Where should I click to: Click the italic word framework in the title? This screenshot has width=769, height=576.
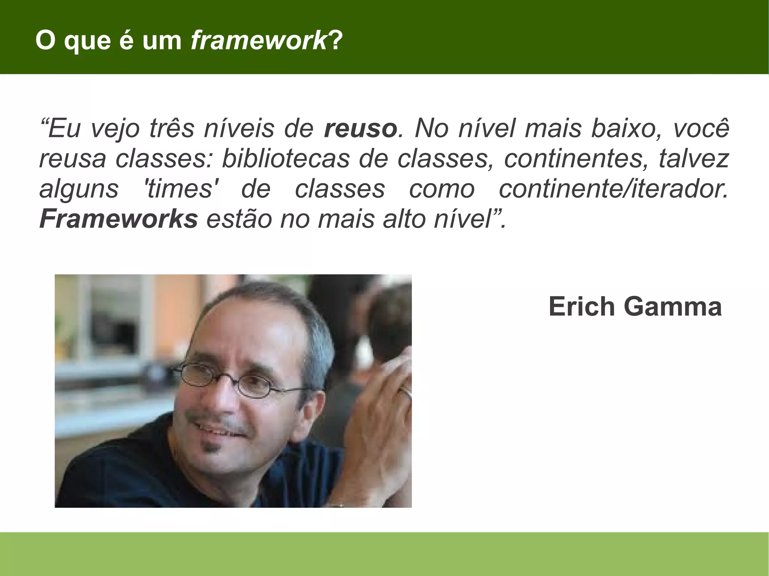pos(259,41)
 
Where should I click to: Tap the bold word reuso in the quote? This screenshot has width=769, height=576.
pos(360,128)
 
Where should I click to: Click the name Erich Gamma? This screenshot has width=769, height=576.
pos(635,307)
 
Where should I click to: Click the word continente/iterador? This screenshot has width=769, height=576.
pos(613,189)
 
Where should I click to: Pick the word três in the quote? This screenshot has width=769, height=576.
pos(172,128)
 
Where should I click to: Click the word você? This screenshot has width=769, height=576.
pos(701,128)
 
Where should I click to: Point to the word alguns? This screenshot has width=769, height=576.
pos(79,189)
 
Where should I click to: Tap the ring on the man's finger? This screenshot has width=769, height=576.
pos(406,393)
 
